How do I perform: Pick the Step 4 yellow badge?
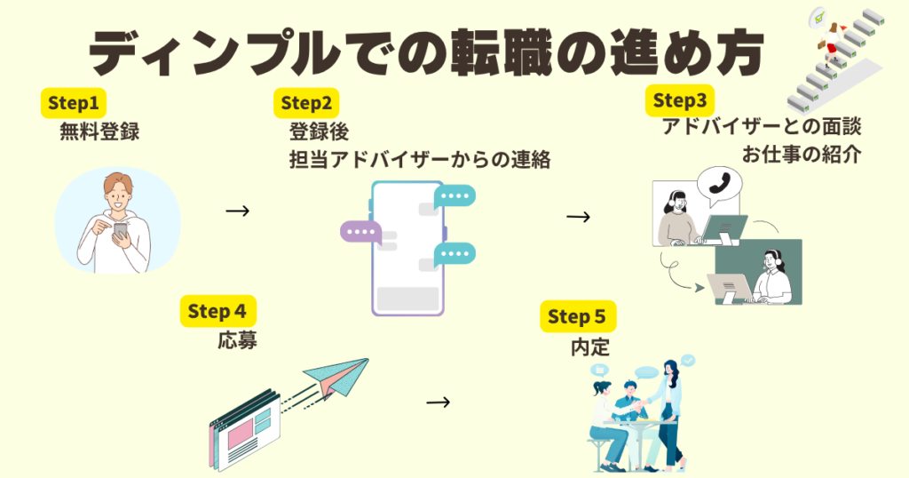[x=217, y=311]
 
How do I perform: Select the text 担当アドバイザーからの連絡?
[x=420, y=160]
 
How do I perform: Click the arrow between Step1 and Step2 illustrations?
[x=237, y=211]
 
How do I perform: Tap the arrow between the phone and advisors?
[x=578, y=217]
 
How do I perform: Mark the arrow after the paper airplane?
[x=438, y=402]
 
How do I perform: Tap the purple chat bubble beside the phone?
[x=360, y=233]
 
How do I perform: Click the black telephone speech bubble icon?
[x=718, y=183]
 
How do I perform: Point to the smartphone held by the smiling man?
[x=122, y=231]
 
